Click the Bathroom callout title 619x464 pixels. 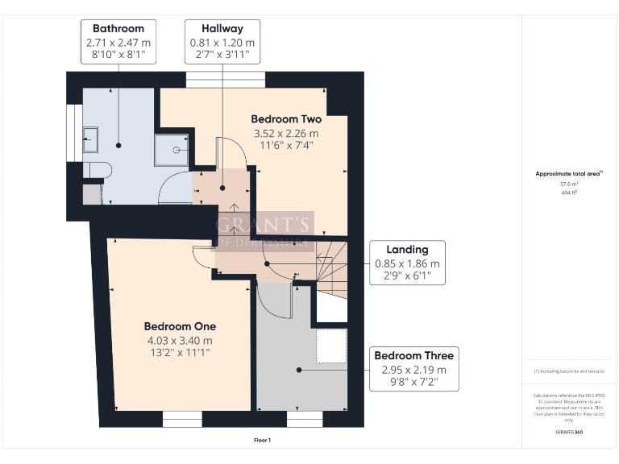[118, 28]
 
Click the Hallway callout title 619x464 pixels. [222, 28]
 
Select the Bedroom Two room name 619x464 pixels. [286, 118]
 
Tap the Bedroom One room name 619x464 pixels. [180, 326]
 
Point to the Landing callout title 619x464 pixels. [407, 249]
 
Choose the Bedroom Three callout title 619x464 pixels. [413, 355]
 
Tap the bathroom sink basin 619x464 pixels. [89, 139]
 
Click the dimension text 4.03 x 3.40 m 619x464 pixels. [180, 340]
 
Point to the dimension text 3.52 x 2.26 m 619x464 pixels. [286, 133]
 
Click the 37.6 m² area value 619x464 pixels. [569, 183]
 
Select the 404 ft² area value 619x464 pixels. [569, 193]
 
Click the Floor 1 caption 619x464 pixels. [262, 440]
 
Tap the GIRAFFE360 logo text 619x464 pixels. [569, 433]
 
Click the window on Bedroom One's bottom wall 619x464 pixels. [181, 419]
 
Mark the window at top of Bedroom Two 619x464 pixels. [225, 79]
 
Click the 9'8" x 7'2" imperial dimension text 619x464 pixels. [413, 383]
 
